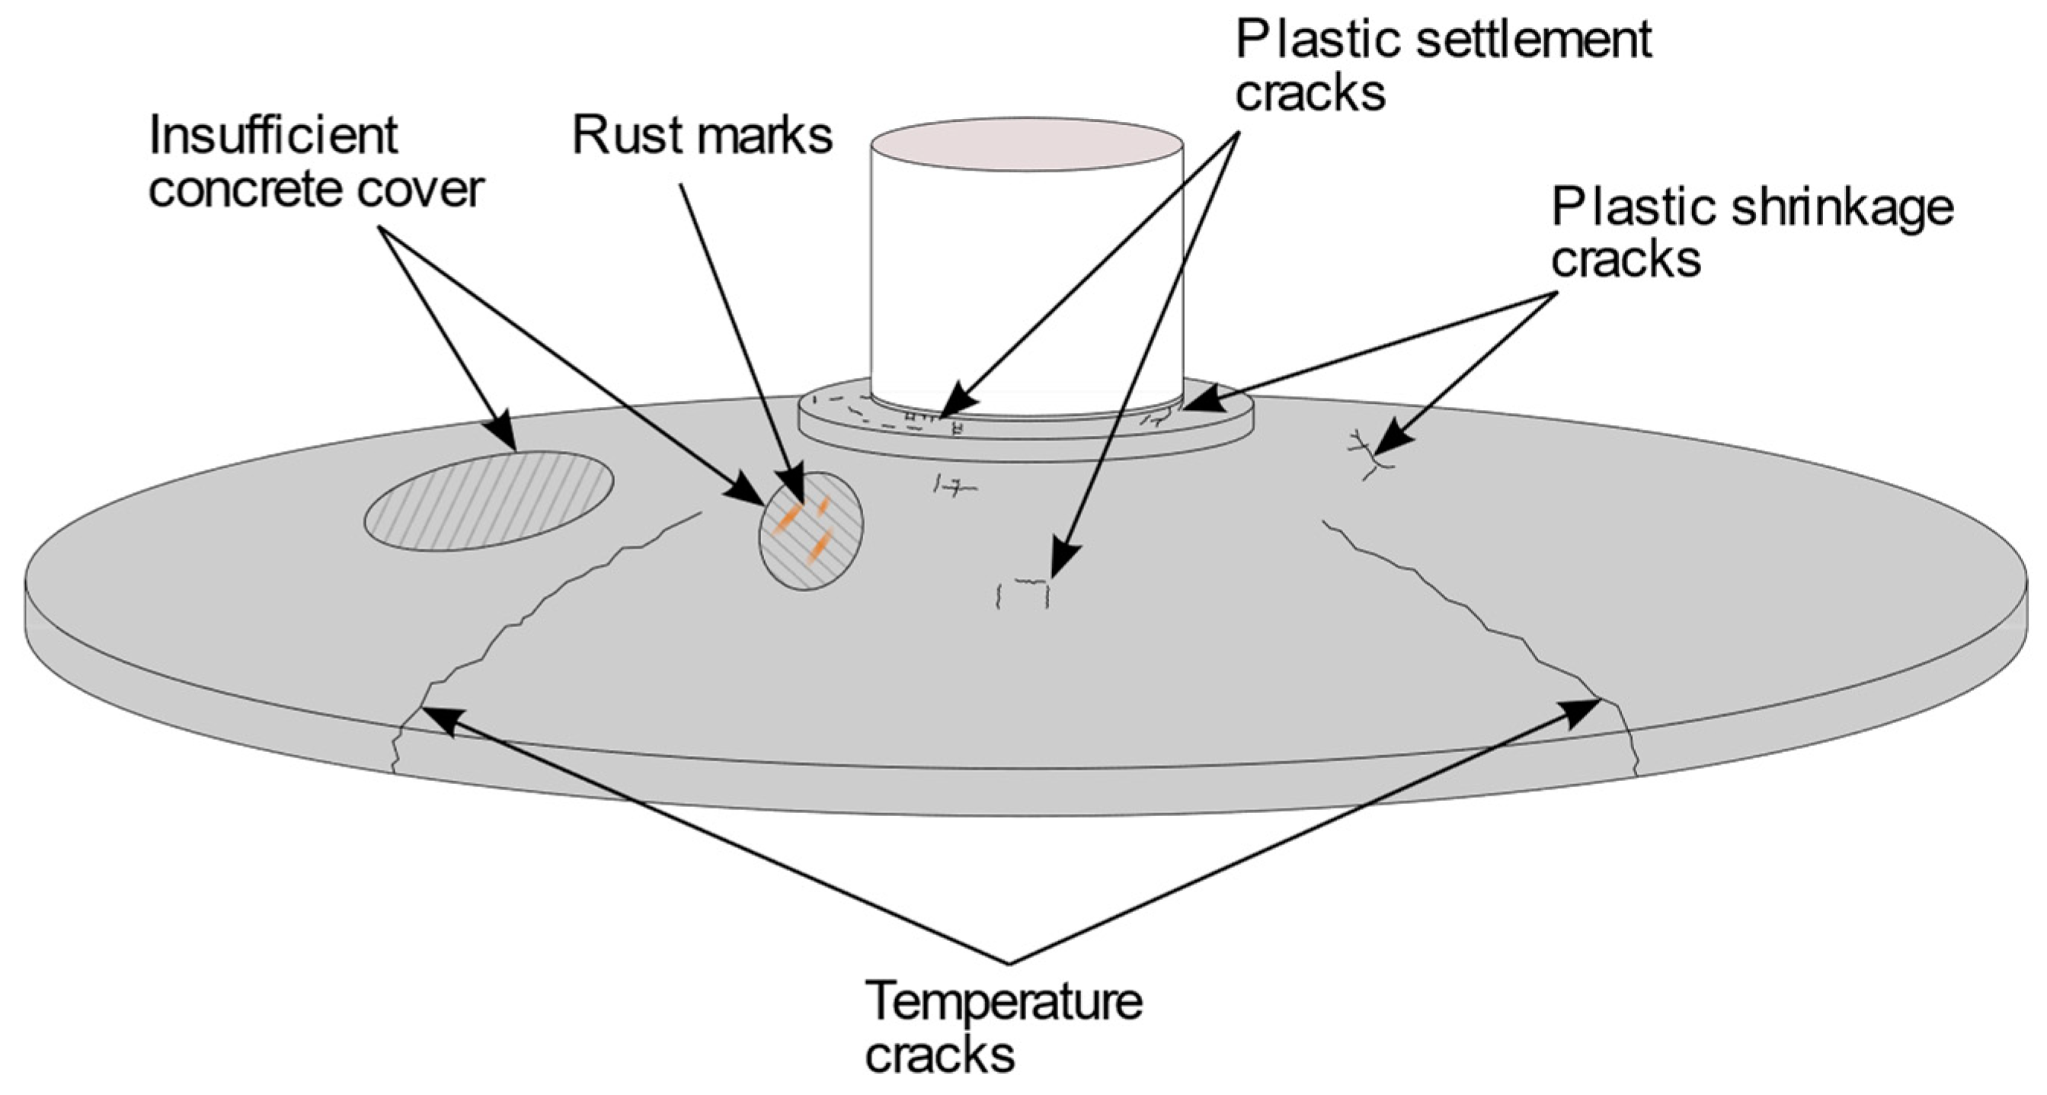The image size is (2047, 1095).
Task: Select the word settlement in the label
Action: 1534,40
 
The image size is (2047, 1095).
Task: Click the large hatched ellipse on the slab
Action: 489,501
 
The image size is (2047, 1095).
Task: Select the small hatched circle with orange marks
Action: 811,531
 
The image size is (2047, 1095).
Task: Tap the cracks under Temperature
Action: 939,1055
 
